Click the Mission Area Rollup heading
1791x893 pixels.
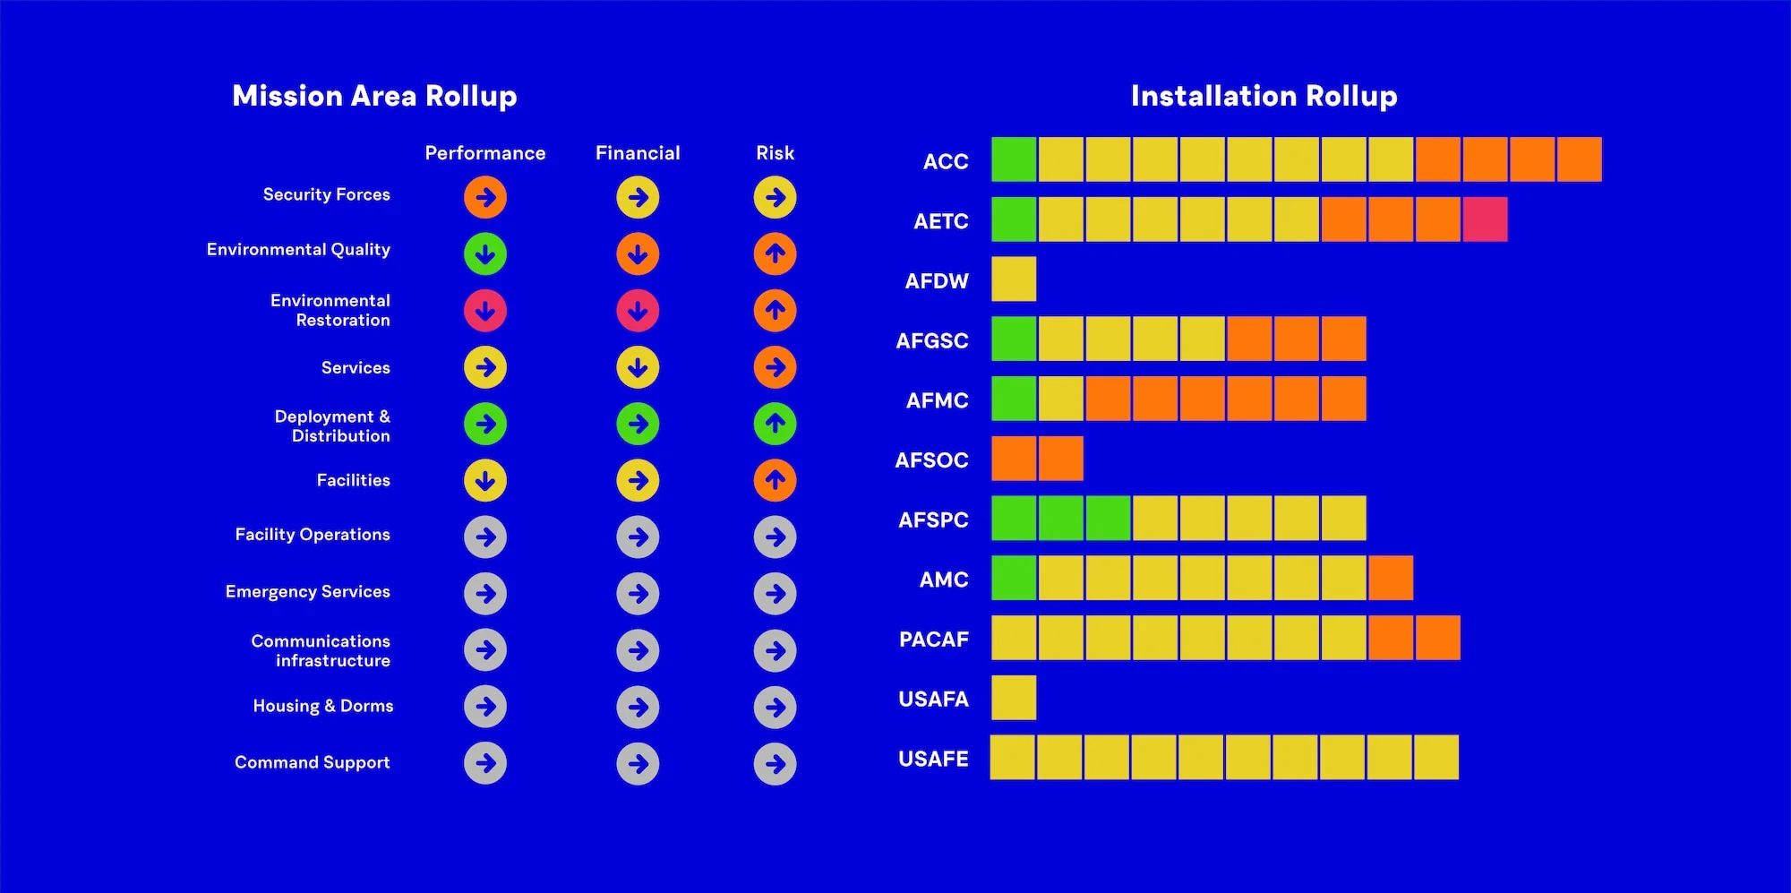374,96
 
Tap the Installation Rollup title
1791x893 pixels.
1264,96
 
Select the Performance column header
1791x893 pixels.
484,153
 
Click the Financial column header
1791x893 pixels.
638,153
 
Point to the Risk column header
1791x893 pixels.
775,153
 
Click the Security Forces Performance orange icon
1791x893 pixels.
485,197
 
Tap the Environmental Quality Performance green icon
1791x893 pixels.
485,254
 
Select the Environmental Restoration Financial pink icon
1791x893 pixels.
638,311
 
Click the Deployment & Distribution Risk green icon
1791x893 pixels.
775,424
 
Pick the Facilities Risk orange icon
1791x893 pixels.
775,481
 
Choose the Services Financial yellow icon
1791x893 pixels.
638,367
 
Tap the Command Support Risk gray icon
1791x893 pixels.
775,764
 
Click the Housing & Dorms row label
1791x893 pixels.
322,706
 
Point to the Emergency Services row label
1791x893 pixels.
307,591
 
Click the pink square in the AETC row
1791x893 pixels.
1485,220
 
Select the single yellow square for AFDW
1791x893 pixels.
1014,279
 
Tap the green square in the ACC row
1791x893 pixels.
1014,159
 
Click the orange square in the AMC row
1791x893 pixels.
1391,578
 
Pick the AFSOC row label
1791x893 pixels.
931,460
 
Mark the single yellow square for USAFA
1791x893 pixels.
1014,698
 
